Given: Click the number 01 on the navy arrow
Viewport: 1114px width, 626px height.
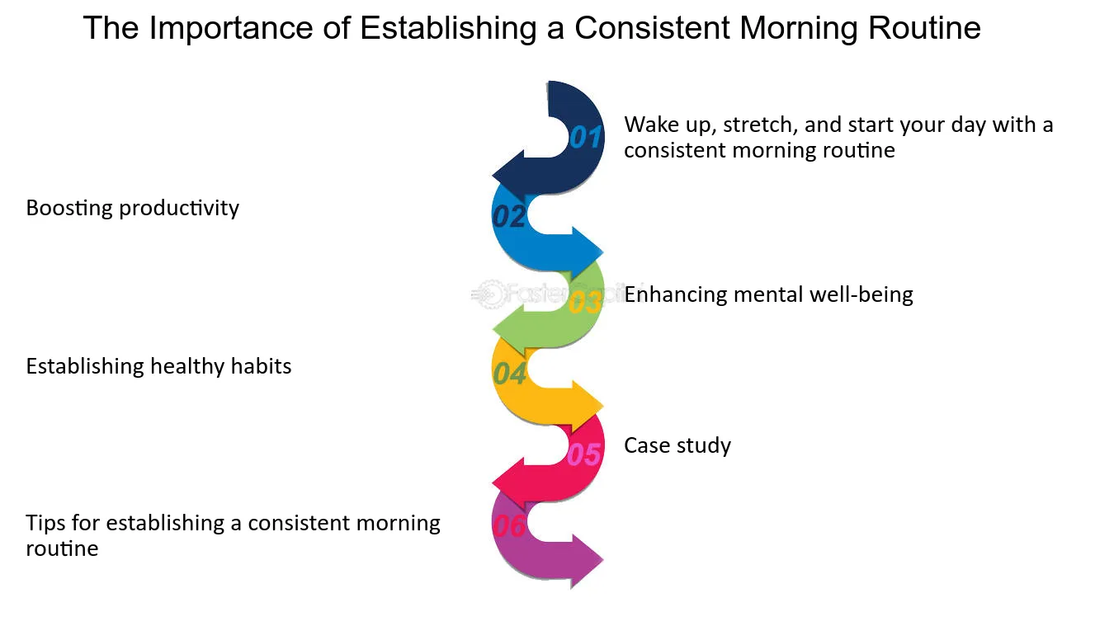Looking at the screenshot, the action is click(585, 137).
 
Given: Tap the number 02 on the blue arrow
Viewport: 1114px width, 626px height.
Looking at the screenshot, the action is click(509, 216).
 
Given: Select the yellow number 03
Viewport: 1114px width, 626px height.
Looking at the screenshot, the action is click(585, 302).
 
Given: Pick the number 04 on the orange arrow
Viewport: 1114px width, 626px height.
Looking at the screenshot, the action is click(509, 374).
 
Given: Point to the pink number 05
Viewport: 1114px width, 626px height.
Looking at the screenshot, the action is click(584, 454).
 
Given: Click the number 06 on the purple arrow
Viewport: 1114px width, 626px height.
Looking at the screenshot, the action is click(509, 525).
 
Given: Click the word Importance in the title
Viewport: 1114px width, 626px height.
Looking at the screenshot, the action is click(231, 29).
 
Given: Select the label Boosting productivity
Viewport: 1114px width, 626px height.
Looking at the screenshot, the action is click(132, 209).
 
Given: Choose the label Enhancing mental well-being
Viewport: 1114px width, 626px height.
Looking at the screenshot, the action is click(768, 294).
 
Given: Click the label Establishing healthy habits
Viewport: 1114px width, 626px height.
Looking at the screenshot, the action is click(158, 366).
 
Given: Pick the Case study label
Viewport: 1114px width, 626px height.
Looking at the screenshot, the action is click(677, 445).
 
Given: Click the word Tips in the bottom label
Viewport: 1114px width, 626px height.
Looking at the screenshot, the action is click(45, 524).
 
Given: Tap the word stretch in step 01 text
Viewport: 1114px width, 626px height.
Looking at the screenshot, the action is click(760, 125).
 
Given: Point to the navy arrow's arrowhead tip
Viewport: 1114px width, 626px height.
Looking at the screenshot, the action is click(493, 176).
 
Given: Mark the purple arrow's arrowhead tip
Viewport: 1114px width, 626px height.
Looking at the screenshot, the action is click(604, 560).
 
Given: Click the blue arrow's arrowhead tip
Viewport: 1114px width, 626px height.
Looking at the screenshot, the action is click(604, 252).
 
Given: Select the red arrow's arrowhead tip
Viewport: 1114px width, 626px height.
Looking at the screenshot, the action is click(493, 482).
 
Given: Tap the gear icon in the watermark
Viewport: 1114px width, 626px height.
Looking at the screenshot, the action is click(489, 294).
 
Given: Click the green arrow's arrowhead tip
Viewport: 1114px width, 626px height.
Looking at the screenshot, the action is click(493, 329).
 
